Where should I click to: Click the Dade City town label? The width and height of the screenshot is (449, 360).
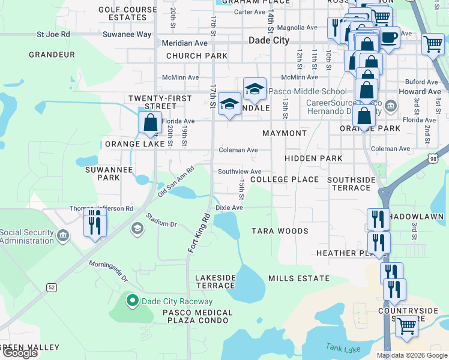pyautogui.click(x=269, y=41)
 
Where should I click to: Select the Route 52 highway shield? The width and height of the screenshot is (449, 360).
pyautogui.click(x=52, y=288)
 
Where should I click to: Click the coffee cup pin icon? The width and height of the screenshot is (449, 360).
pyautogui.click(x=389, y=38)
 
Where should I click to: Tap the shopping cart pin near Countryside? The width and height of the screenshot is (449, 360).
pyautogui.click(x=407, y=326)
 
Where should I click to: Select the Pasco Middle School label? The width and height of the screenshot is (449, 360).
pyautogui.click(x=307, y=92)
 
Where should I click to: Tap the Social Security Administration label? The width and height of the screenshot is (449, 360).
pyautogui.click(x=26, y=236)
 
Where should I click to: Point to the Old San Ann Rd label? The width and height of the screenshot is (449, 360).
pyautogui.click(x=176, y=183)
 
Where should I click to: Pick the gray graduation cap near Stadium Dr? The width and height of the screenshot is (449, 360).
pyautogui.click(x=137, y=229)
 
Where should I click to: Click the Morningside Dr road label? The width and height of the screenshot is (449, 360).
pyautogui.click(x=109, y=271)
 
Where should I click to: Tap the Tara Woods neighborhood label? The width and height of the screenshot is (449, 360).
pyautogui.click(x=280, y=231)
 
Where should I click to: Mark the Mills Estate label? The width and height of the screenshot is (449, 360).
pyautogui.click(x=299, y=278)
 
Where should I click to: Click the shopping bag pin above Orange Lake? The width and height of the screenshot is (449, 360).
pyautogui.click(x=150, y=122)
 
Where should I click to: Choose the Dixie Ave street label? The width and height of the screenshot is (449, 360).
pyautogui.click(x=229, y=208)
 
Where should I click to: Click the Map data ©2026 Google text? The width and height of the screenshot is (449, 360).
pyautogui.click(x=411, y=355)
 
